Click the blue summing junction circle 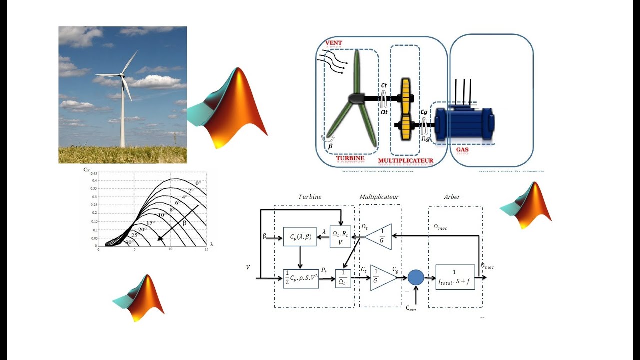[x=415, y=277]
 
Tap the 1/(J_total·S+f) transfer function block [x=455, y=277]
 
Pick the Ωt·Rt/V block [x=341, y=237]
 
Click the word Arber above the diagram [x=452, y=197]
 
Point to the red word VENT [x=334, y=43]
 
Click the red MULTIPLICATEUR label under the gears [x=405, y=161]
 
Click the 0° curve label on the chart [x=198, y=183]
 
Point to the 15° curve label [x=149, y=223]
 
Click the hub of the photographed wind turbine [x=121, y=75]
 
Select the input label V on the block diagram [x=248, y=267]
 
